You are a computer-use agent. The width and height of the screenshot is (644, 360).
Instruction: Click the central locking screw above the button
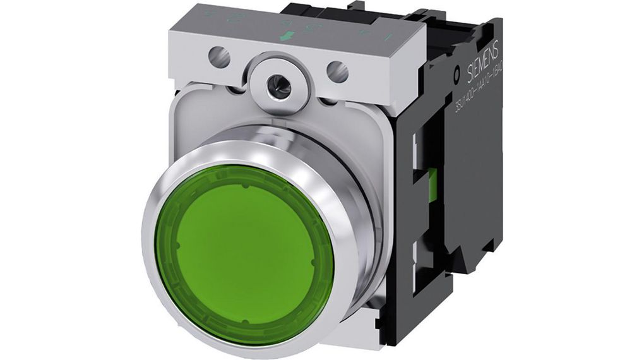click(278, 87)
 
